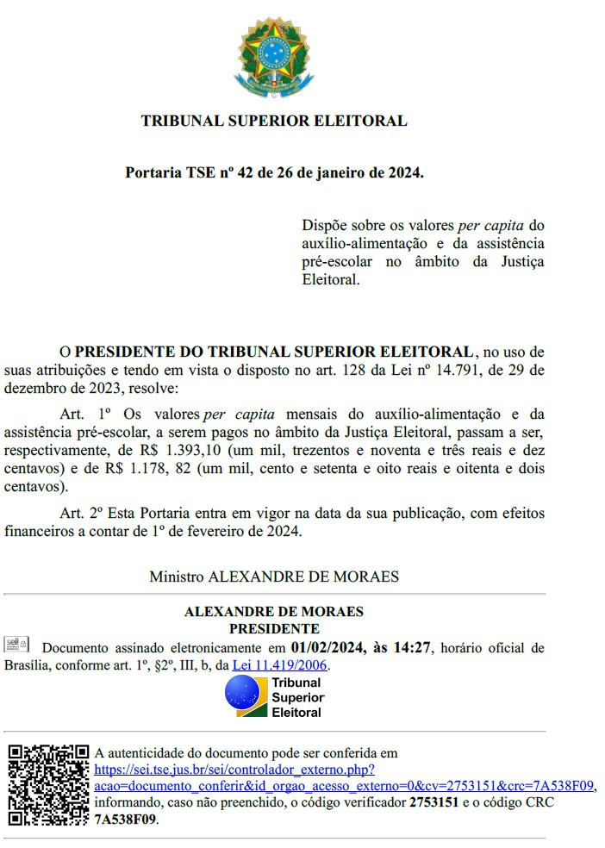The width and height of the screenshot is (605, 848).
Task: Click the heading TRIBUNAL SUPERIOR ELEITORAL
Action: pyautogui.click(x=273, y=122)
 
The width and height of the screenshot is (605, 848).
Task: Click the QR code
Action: pyautogui.click(x=48, y=784)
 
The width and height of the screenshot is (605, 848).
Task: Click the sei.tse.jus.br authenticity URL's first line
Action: pyautogui.click(x=234, y=770)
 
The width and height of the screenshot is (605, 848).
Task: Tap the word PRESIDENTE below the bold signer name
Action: pyautogui.click(x=273, y=629)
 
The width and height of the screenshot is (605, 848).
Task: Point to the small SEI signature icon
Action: pyautogui.click(x=16, y=644)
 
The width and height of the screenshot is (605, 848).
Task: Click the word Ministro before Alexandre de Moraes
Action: pyautogui.click(x=177, y=576)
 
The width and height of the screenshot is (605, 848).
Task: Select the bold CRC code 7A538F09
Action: pyautogui.click(x=126, y=819)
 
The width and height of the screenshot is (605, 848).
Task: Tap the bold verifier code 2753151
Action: pyautogui.click(x=433, y=802)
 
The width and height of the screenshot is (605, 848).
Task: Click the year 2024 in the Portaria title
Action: pyautogui.click(x=402, y=173)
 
